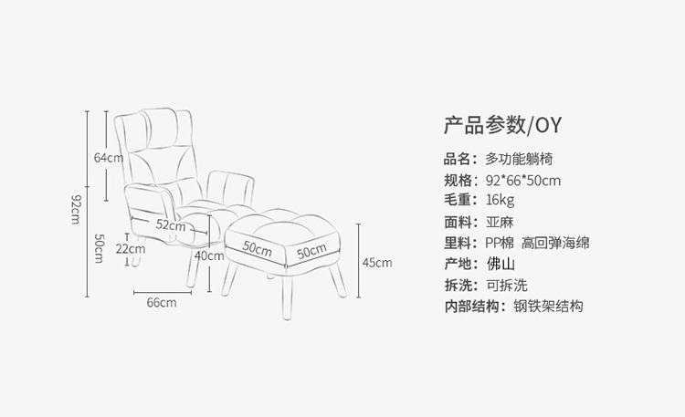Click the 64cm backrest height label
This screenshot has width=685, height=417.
(x=108, y=157)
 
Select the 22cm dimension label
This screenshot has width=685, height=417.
(x=131, y=248)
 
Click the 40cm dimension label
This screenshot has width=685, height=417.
(x=208, y=255)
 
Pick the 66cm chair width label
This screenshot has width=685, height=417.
(x=162, y=303)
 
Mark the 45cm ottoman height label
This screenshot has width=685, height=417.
(x=376, y=263)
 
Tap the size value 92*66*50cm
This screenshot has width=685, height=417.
(x=523, y=179)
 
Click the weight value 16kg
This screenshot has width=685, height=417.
(x=501, y=200)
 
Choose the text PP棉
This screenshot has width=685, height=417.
(x=500, y=243)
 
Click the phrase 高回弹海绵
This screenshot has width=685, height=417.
(x=555, y=243)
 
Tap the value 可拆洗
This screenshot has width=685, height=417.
(x=505, y=286)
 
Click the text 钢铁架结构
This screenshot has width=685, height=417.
(x=548, y=307)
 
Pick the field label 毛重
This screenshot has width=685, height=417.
(x=458, y=200)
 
